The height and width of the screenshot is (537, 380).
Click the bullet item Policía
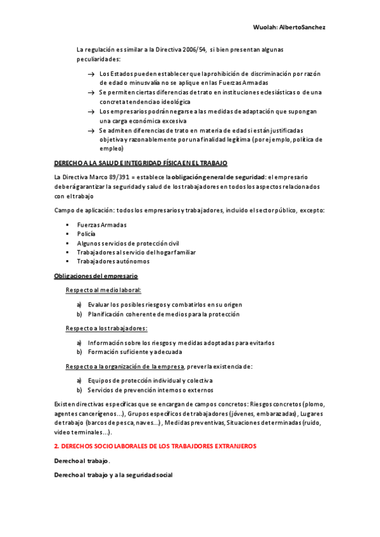pos(87,234)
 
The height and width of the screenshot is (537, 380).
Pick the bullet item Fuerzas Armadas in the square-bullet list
pos(101,225)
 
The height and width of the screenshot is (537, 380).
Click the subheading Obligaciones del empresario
pos(96,276)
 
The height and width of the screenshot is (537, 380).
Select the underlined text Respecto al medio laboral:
pos(104,290)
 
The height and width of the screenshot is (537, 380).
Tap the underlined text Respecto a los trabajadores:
pos(106,329)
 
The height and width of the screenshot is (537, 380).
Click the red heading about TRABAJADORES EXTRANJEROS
pos(155,446)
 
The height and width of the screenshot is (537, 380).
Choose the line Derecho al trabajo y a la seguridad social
pos(114,475)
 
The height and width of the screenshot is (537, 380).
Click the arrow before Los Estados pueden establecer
pos(92,75)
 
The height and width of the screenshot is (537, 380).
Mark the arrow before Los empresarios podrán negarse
pos(92,111)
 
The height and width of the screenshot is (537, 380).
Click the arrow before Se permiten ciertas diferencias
pos(92,93)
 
